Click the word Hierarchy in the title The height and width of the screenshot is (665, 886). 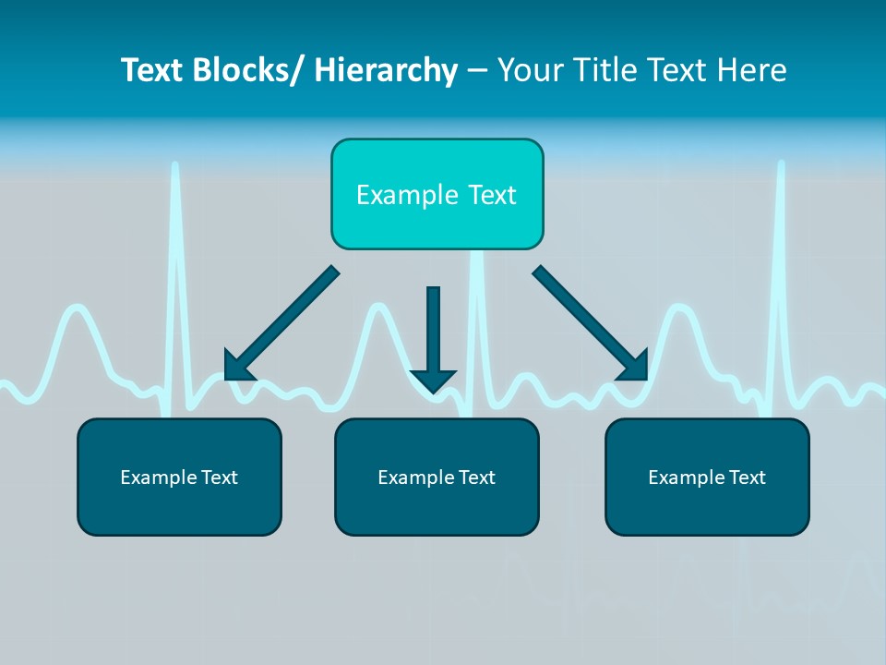coord(386,71)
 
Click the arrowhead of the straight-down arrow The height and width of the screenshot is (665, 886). coord(433,380)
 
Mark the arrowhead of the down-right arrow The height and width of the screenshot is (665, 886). coord(636,367)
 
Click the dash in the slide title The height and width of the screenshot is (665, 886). coord(477,71)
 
